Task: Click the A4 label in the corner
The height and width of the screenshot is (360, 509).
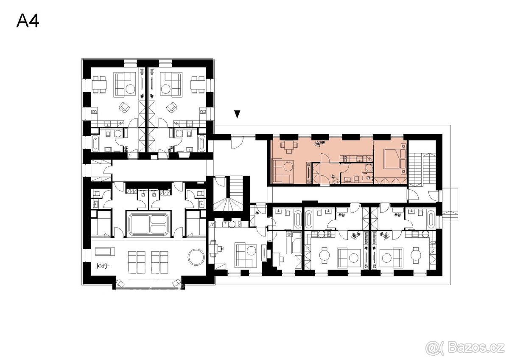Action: click(x=28, y=21)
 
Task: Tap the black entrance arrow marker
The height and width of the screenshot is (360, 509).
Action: click(x=238, y=114)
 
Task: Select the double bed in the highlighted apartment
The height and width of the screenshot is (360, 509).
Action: click(x=392, y=161)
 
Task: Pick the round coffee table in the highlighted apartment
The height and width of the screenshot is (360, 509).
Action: click(x=288, y=166)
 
